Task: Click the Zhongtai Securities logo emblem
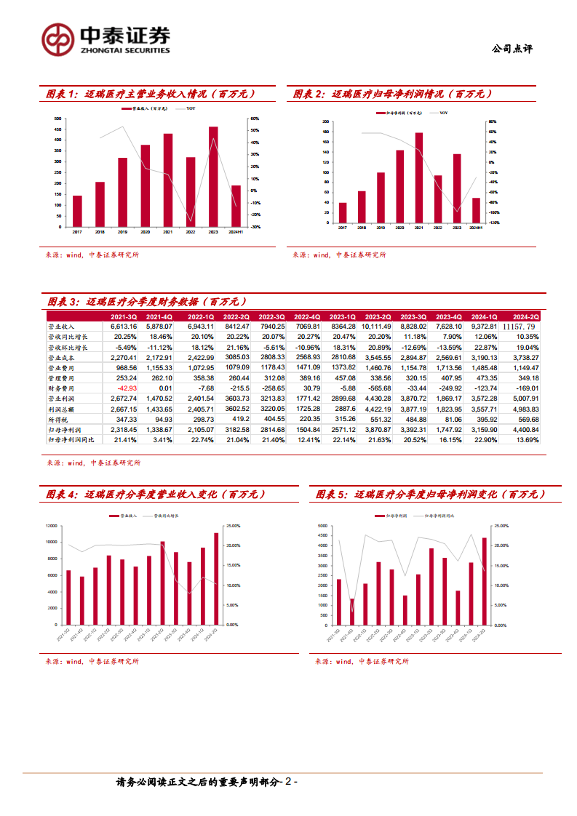pyautogui.click(x=57, y=39)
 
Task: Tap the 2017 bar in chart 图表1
pyautogui.click(x=77, y=211)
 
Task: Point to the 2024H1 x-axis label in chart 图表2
pyautogui.click(x=476, y=228)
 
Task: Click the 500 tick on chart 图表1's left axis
pyautogui.click(x=58, y=119)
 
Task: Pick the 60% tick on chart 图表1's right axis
pyautogui.click(x=254, y=119)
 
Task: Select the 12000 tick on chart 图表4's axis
pyautogui.click(x=51, y=526)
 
